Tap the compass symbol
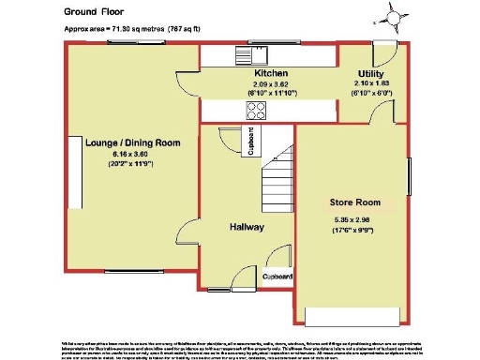tap(394, 16)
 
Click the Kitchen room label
tap(269, 73)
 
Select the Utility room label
tap(370, 73)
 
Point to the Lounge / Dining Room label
tap(131, 142)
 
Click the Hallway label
tap(247, 227)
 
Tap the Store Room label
tap(352, 202)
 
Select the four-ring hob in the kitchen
tap(256, 110)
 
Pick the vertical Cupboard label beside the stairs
tap(248, 142)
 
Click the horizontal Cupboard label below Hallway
tap(277, 277)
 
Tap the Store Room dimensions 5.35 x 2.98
tap(352, 220)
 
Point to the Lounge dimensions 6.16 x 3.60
tap(131, 154)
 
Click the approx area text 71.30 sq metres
tap(141, 29)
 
